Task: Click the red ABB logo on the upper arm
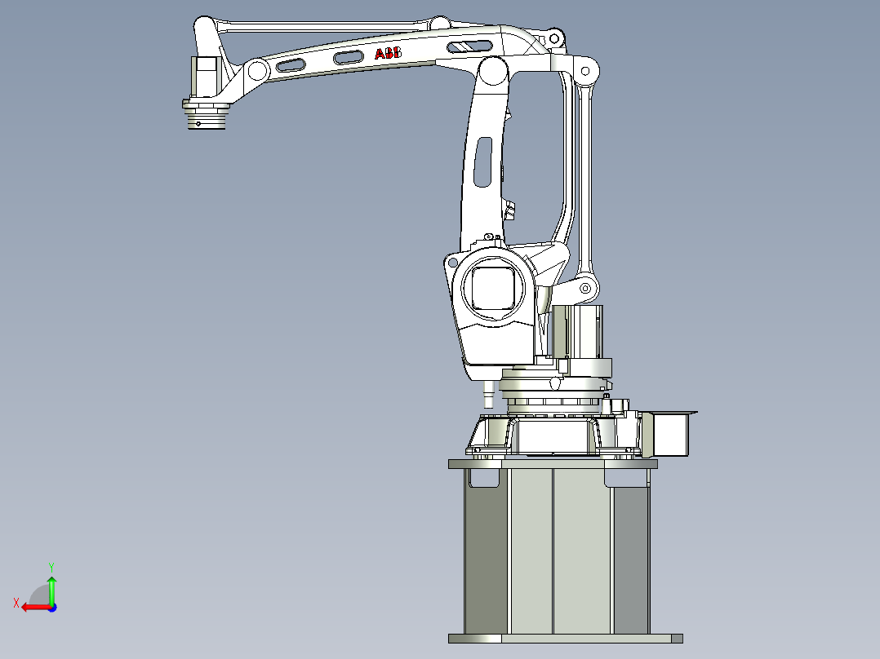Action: (x=388, y=54)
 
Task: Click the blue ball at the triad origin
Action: (x=51, y=607)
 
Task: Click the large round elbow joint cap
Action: (x=493, y=71)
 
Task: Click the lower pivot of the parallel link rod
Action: (x=585, y=288)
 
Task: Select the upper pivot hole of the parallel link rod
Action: (x=585, y=73)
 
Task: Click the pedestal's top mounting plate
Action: (x=553, y=464)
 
